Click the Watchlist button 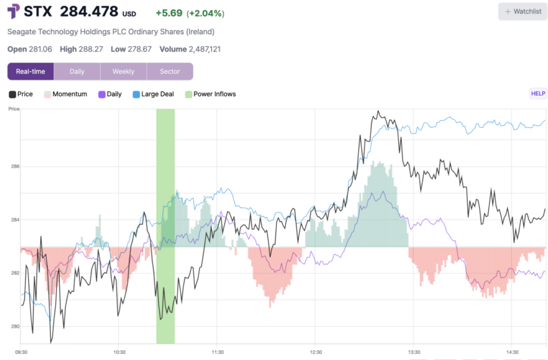[x=523, y=11]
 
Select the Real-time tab [x=31, y=71]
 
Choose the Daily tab [x=77, y=71]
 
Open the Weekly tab [x=123, y=71]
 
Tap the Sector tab [x=170, y=71]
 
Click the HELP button [x=538, y=94]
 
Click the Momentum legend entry [x=65, y=94]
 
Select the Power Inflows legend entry [x=210, y=94]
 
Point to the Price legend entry [x=21, y=94]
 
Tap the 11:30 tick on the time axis [x=218, y=352]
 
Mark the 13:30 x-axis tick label [x=414, y=352]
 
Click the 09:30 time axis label [x=21, y=352]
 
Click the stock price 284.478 [x=89, y=12]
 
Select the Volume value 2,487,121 [x=205, y=49]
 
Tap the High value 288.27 [x=92, y=49]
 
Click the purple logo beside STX [x=14, y=12]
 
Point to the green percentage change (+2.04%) [x=205, y=13]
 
